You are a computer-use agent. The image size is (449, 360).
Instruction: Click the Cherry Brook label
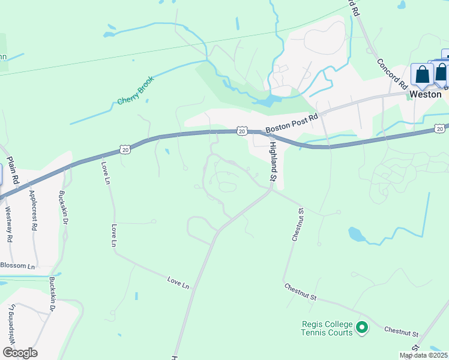tap(136, 90)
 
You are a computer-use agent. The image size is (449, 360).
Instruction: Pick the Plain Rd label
tap(13, 170)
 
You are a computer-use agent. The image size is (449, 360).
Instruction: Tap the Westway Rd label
tap(8, 224)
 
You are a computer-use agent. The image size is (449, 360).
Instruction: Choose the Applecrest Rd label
tap(33, 211)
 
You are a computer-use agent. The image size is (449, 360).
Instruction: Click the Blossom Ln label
tap(17, 265)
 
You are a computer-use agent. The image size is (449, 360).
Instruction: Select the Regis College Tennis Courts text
tap(326, 328)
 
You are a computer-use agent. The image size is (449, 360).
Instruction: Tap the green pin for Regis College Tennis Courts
tap(361, 328)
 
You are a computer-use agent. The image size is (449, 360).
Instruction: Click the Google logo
tap(20, 353)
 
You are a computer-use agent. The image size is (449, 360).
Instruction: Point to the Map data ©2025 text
tap(423, 355)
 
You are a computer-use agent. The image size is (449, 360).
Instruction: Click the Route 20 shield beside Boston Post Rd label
tap(241, 130)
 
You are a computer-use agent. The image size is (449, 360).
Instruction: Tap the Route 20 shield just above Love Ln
tap(124, 148)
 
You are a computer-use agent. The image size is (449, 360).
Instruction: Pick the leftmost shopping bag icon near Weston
tap(422, 75)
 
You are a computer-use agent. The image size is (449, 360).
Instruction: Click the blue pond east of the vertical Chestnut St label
tap(357, 233)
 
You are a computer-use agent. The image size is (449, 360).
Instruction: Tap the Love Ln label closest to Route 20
tap(106, 173)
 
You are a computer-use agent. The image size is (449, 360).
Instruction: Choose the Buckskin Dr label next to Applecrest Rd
tap(62, 208)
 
